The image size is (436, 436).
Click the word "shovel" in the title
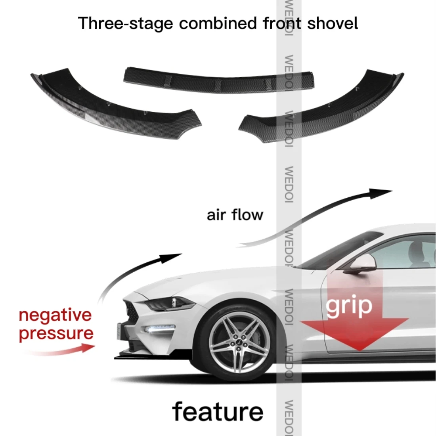coord(333,23)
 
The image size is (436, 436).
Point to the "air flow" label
coord(235,215)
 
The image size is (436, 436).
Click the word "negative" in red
coord(55,316)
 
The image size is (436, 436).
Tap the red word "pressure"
coord(56,333)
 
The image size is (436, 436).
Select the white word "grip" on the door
coord(349,306)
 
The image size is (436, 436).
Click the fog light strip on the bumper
coord(161,329)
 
